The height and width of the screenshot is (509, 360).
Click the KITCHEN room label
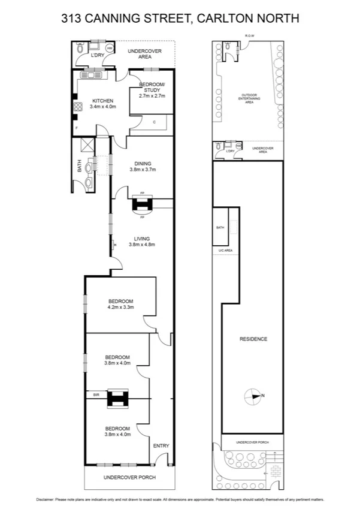click(x=102, y=101)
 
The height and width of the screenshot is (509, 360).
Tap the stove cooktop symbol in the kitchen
click(x=77, y=108)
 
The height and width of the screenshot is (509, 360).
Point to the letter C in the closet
click(x=155, y=122)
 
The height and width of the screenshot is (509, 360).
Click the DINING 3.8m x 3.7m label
click(x=143, y=166)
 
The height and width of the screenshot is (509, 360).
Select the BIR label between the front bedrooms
click(x=96, y=395)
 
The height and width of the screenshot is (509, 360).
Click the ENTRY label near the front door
click(x=161, y=445)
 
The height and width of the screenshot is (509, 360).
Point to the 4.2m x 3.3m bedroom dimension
click(x=120, y=307)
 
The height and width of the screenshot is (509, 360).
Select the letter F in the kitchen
click(x=77, y=128)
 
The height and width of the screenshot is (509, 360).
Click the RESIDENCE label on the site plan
click(x=253, y=339)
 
